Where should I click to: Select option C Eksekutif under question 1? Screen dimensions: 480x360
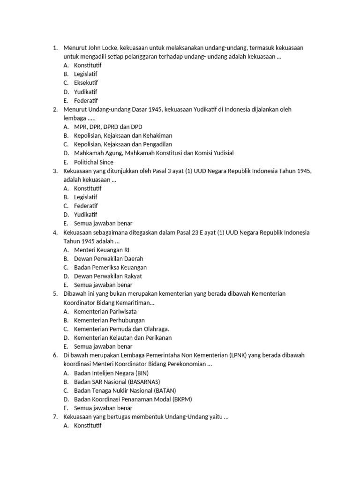tap(86, 83)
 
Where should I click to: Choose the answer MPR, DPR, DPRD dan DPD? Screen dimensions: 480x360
tap(108, 127)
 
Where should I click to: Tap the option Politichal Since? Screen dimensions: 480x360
tap(94, 162)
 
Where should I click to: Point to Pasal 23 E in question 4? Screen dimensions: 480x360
tap(200, 232)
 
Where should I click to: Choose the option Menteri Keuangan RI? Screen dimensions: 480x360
tap(101, 250)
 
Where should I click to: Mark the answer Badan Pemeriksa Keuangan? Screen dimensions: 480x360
tap(110, 268)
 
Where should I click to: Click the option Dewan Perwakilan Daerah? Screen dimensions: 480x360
tap(108, 259)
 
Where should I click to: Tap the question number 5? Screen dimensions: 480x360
tap(55, 294)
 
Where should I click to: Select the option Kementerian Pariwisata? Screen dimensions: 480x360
tap(106, 311)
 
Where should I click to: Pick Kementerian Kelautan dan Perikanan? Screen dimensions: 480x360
tap(123, 337)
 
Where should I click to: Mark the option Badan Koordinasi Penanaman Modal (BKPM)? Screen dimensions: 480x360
tap(133, 399)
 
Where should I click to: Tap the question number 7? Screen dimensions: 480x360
tap(55, 417)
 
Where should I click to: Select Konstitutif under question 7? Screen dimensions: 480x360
tap(88, 426)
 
